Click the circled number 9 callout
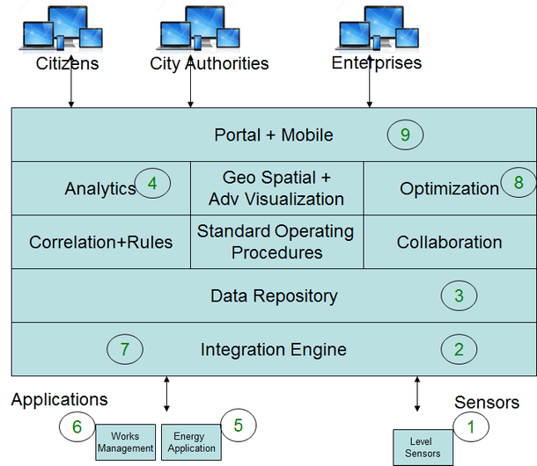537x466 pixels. click(405, 135)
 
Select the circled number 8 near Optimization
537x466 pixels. click(519, 183)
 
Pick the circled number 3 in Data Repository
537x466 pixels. click(459, 296)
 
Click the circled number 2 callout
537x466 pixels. click(459, 349)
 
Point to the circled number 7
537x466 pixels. click(125, 349)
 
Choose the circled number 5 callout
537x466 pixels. click(238, 425)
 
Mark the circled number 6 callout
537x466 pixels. click(77, 426)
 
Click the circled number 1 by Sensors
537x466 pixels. click(470, 427)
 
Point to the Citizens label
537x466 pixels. click(67, 63)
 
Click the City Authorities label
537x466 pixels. click(209, 63)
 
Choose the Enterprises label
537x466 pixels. click(376, 63)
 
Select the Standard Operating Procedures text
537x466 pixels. click(276, 242)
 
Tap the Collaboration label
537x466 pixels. click(449, 242)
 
